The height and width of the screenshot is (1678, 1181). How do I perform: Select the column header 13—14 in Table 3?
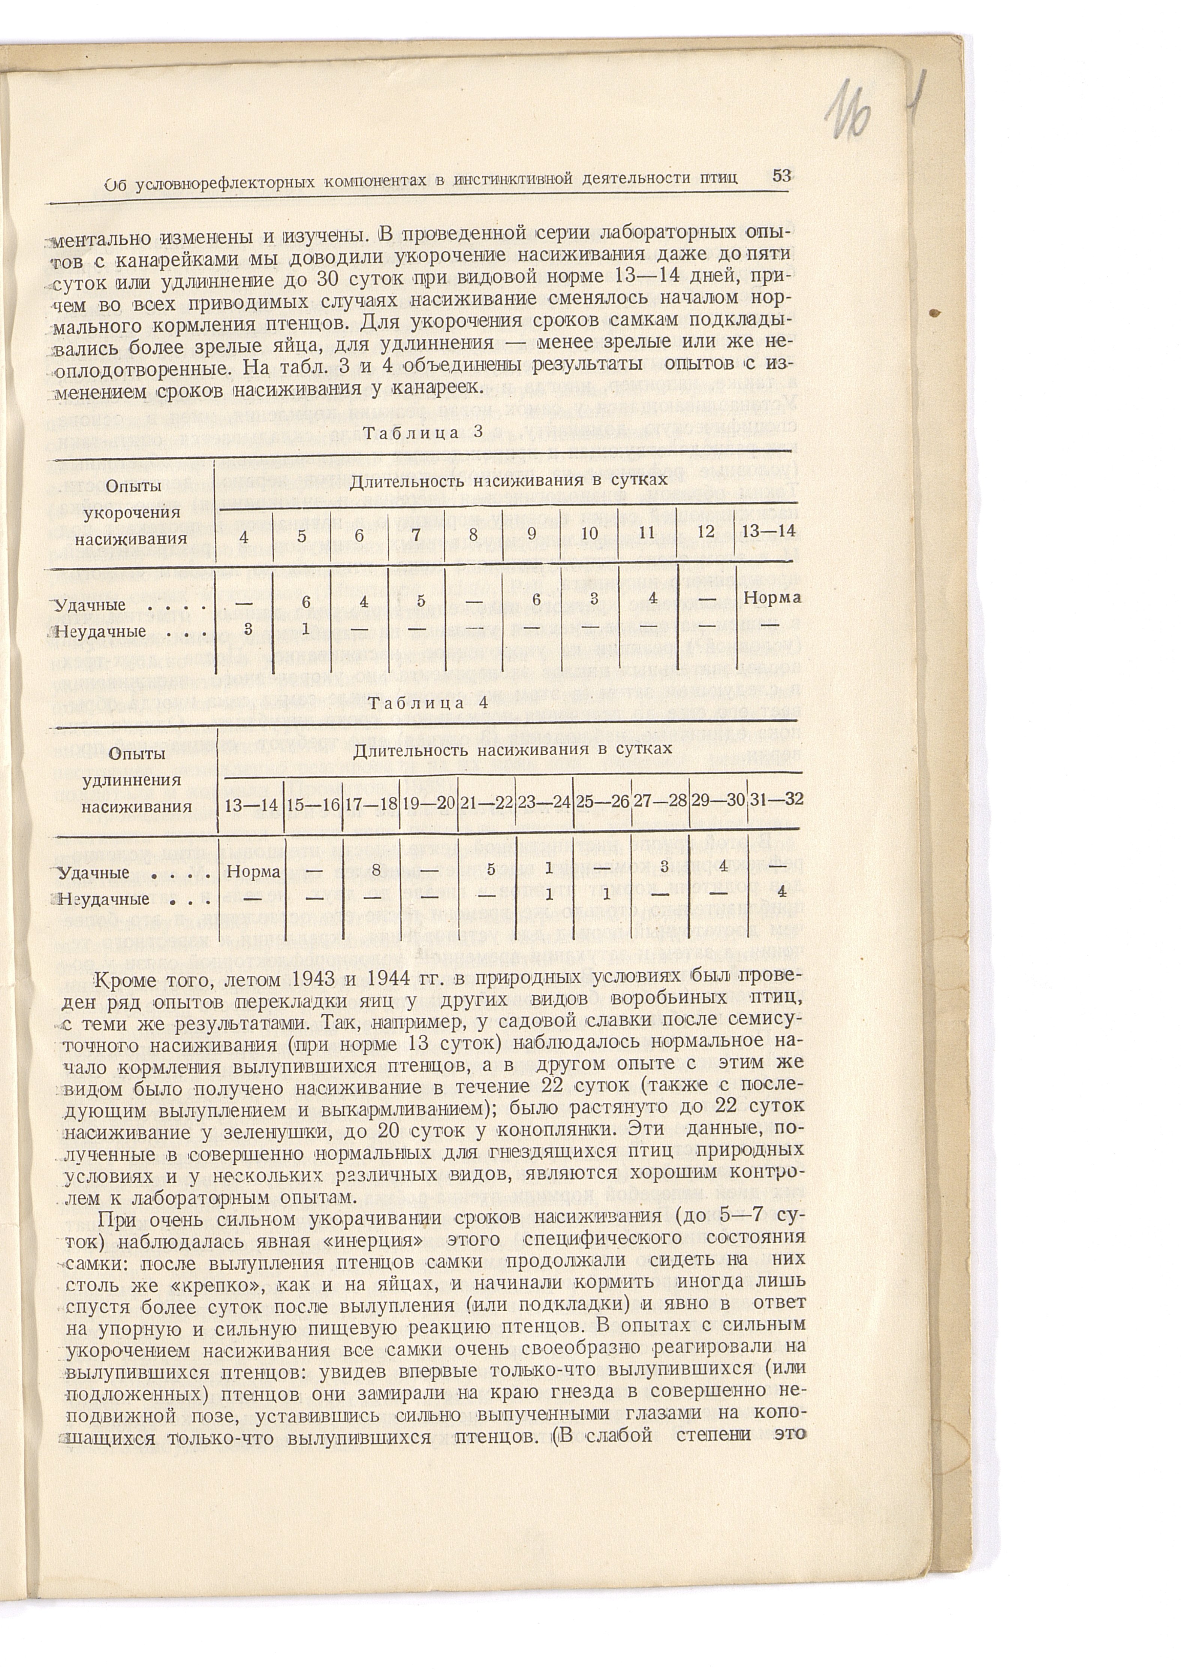(767, 531)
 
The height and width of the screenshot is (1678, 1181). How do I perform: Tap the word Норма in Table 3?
(772, 597)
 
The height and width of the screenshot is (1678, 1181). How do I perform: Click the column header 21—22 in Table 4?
(486, 802)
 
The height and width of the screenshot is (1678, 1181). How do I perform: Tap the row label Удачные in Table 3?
(92, 605)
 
